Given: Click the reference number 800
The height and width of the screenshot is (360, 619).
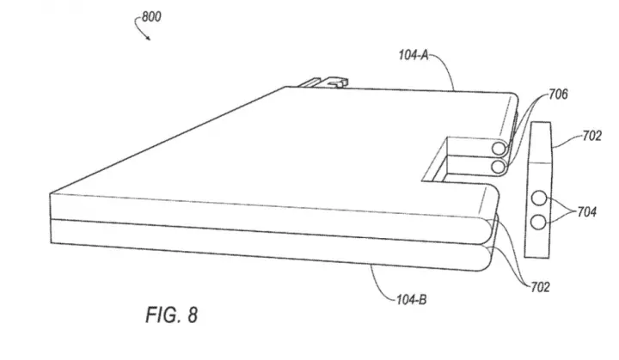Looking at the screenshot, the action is (151, 17).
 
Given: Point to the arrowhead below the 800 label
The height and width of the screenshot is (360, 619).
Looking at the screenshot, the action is (148, 38).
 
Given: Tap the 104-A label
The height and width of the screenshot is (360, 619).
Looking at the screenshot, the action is (414, 55).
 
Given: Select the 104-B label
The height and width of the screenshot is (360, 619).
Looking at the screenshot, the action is (411, 300).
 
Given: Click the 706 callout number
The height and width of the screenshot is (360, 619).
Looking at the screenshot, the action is (558, 95).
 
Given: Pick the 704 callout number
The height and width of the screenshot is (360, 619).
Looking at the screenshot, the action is (586, 212).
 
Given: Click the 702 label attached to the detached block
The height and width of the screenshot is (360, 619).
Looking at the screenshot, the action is (592, 136).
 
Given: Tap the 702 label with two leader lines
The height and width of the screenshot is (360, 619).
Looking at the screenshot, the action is (540, 287).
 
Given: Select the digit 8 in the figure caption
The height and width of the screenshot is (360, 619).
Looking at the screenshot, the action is (193, 315).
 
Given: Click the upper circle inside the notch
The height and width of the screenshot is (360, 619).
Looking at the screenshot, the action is (499, 149).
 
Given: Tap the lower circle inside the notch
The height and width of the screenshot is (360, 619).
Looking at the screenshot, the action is (498, 167).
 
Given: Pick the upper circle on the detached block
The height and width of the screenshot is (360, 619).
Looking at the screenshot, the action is (539, 198).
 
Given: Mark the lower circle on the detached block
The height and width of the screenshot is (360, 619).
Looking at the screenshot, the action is (538, 223).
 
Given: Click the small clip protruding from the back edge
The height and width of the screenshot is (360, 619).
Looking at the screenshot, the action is (324, 82).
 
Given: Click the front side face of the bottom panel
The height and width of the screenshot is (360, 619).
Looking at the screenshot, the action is (268, 245).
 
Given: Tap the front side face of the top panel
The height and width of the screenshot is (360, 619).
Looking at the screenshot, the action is (268, 217).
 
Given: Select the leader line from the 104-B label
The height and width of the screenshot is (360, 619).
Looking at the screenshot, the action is (380, 288).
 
